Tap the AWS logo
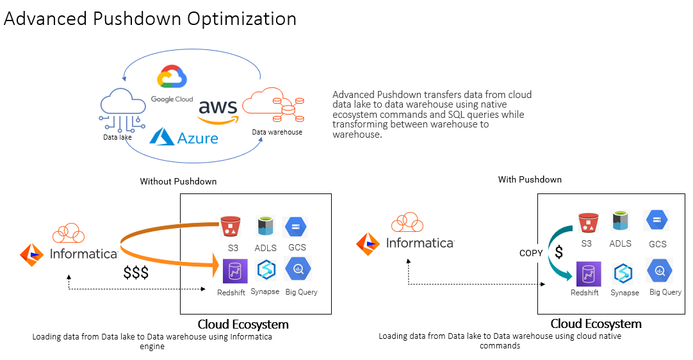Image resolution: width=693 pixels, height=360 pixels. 217,110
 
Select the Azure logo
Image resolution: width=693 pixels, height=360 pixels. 184,136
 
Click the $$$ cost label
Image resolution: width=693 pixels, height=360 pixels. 136,272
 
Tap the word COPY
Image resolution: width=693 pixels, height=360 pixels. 531,253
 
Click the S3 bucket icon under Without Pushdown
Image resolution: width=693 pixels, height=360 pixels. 229,227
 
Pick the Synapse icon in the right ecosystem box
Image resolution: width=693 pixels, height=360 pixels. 624,274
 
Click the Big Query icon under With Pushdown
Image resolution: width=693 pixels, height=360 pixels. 659,271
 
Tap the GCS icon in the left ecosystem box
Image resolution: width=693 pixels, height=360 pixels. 296,227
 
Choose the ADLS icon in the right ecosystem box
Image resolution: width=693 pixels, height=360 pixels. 620,222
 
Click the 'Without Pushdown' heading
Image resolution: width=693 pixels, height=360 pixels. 178,181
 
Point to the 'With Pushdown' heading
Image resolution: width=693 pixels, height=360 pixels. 530,179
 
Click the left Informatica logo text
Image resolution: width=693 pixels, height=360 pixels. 84,253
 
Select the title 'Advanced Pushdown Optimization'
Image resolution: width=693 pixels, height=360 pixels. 150,19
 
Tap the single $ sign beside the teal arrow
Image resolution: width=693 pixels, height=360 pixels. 558,252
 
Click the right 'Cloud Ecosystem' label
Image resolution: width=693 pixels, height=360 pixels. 596,323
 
